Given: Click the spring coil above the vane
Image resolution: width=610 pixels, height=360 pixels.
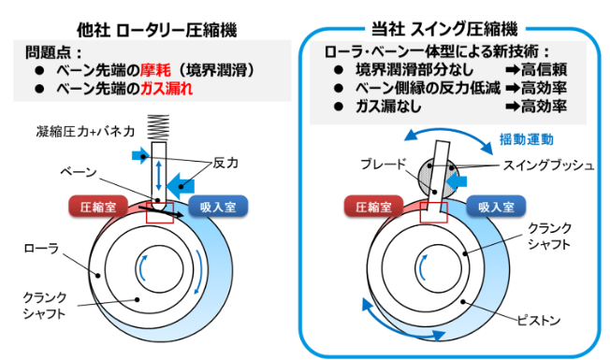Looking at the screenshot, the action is coord(158,127).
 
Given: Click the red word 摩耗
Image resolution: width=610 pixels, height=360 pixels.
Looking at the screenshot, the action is coord(155,70).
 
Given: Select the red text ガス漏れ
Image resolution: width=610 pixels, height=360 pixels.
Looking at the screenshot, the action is coord(167,89).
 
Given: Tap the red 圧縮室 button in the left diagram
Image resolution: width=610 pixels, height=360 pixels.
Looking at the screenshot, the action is coord(98,207).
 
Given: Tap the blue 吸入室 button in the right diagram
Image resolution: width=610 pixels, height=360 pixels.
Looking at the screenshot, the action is coord(496,207).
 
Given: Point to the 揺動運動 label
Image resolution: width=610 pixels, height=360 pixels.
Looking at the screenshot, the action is coord(527,139).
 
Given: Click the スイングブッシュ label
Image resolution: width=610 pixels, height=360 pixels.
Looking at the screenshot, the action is coord(548,166).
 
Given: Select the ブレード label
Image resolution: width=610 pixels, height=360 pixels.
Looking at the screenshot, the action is coord(384,164).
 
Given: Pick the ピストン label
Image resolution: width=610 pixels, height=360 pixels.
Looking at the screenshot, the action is coord(539,321).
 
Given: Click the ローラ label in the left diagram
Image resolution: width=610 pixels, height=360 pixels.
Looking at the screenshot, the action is coord(41,248).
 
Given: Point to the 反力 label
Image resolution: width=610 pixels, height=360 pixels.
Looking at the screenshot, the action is coord(225,163).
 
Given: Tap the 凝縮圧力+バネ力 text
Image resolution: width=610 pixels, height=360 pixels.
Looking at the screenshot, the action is coord(85,132).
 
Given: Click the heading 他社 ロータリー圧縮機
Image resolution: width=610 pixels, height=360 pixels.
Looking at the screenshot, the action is coord(157,30).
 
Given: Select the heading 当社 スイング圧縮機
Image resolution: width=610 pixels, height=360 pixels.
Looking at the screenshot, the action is coord(444,29).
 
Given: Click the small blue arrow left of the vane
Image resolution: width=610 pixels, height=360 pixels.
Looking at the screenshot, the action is coord(140,156).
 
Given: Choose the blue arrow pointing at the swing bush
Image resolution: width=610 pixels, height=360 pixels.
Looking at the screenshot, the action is coord(457,181).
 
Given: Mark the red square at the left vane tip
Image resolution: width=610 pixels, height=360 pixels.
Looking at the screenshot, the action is coord(159,212).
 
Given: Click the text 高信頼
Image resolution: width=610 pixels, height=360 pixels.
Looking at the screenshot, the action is coord(544,69).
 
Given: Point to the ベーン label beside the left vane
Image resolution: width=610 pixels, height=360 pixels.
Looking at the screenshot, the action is coord(79,171).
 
